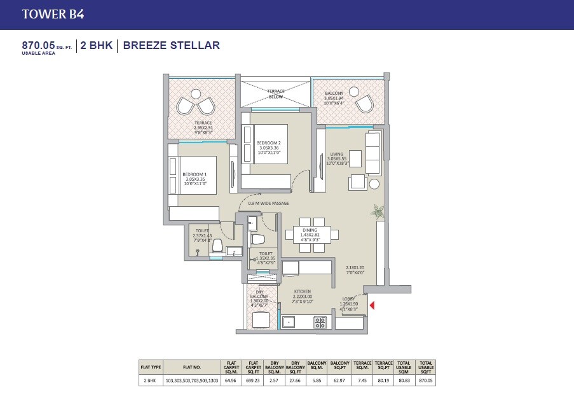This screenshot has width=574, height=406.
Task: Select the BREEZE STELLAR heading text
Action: coord(171,45)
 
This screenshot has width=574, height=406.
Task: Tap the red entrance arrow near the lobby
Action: coord(373,306)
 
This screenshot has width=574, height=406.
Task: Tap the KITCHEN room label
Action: coord(302,293)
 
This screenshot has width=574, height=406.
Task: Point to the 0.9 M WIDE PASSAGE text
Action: coord(268,204)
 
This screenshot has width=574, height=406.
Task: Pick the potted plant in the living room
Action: coord(378,212)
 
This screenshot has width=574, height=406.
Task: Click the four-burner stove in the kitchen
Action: coord(320,323)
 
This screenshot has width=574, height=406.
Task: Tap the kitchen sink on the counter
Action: coord(289,322)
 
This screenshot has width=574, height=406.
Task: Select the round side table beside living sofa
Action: coord(374,184)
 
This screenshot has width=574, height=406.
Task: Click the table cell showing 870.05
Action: coord(426,381)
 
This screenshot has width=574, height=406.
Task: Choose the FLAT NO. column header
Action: coord(191,367)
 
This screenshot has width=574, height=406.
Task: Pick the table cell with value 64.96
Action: coord(230,381)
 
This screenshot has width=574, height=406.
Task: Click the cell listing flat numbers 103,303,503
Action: coord(191,381)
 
